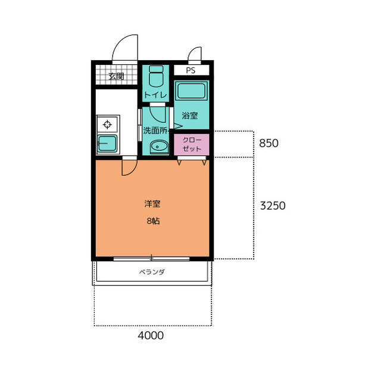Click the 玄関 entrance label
click(116, 76)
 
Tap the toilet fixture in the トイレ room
click(156, 76)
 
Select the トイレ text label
click(155, 94)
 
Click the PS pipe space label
click(190, 70)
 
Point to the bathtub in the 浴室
click(191, 91)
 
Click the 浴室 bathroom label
click(190, 115)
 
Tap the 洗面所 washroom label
click(155, 131)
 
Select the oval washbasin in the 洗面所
click(159, 147)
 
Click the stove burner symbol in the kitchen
click(107, 125)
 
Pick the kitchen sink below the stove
click(107, 143)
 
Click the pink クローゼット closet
click(192, 144)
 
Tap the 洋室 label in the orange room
click(152, 204)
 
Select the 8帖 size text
click(153, 221)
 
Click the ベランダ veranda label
click(152, 272)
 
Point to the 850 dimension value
click(268, 143)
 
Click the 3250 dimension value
click(273, 206)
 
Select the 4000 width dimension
click(151, 336)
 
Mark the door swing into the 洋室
click(133, 171)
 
